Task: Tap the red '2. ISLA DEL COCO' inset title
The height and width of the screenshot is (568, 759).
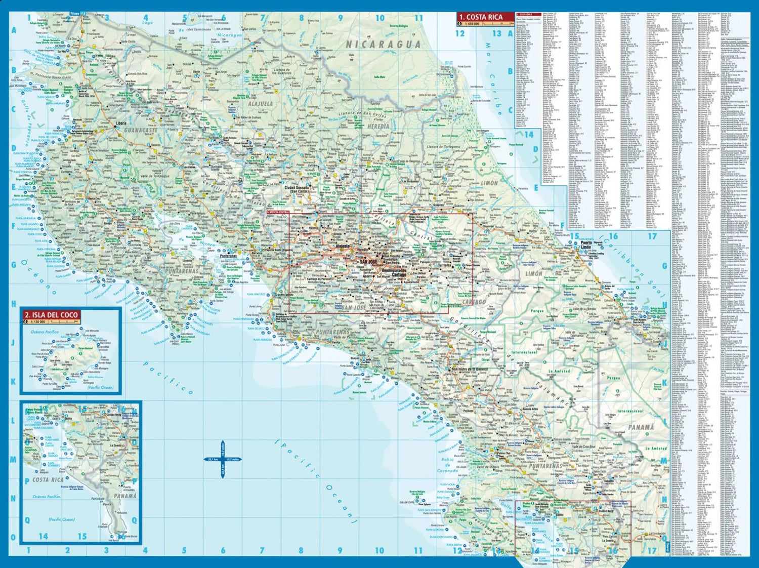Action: point(51,315)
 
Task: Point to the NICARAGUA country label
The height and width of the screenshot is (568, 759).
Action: point(383,45)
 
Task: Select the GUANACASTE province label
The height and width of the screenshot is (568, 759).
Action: point(141,130)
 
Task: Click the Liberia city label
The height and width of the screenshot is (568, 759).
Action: point(121,123)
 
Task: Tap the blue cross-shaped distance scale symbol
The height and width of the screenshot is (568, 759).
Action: point(223,459)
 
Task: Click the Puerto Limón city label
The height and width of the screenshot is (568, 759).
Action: point(586,246)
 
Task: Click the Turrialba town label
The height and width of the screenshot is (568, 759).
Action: point(444,265)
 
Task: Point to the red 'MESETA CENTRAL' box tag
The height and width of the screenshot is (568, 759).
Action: point(278,212)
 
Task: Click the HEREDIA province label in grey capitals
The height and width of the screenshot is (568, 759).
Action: point(378,126)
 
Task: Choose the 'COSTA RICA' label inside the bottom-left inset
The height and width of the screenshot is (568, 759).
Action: point(48,479)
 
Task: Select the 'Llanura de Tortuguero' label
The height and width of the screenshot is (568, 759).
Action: point(444,147)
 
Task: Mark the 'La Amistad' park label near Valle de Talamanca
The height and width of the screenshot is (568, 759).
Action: point(559,371)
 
